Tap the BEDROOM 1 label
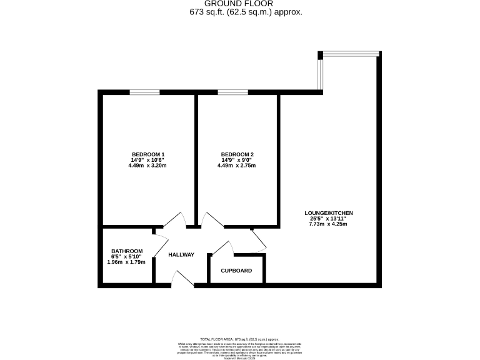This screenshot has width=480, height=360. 148,154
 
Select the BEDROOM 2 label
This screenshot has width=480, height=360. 237,154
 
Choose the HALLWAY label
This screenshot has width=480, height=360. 181,254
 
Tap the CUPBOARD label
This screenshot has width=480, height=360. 237,271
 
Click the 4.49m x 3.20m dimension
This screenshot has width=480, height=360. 148,166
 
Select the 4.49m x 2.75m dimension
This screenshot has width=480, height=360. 237,166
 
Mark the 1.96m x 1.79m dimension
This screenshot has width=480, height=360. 127,262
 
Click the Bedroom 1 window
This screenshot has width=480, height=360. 144,92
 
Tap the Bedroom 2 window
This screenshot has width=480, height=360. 232,92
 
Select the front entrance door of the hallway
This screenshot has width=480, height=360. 182,279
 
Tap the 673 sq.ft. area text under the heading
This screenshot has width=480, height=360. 246,12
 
